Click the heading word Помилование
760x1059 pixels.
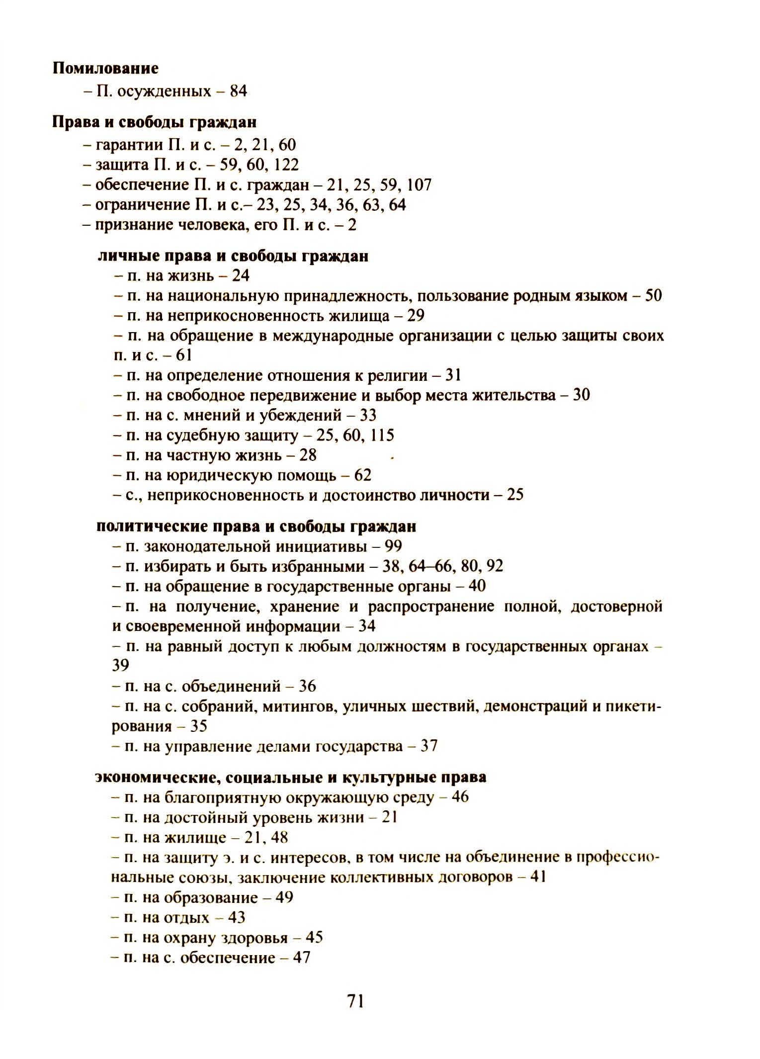click(x=105, y=68)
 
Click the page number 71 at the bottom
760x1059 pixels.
click(x=355, y=1000)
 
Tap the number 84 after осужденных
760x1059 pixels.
click(x=238, y=91)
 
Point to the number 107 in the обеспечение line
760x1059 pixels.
click(x=419, y=185)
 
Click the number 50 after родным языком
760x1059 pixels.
click(x=653, y=296)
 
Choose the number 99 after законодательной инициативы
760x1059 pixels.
click(x=393, y=546)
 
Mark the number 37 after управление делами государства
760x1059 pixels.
click(x=428, y=746)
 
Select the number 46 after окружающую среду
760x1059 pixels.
click(x=460, y=797)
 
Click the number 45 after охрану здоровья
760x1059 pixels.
click(x=314, y=938)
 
